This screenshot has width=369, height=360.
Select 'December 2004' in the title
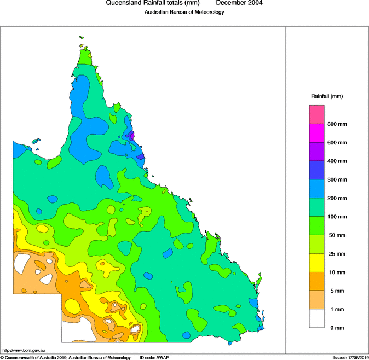point(239,3)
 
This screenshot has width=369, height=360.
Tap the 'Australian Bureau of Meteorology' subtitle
point(184,12)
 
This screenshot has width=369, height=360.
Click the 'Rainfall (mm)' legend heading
point(327,96)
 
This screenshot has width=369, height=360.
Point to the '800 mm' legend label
point(337,124)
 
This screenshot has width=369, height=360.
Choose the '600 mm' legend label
point(337,143)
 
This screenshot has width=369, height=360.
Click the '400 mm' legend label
point(337,161)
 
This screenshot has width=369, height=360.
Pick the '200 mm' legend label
point(337,198)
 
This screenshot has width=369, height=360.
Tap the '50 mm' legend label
point(337,235)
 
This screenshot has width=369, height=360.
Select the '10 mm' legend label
point(337,272)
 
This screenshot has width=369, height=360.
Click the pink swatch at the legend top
point(317,114)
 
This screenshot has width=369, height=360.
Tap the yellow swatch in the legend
point(317,263)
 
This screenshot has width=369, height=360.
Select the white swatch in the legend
point(317,318)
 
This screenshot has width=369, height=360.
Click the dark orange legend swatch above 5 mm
point(317,281)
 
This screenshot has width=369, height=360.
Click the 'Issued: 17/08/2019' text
point(350,357)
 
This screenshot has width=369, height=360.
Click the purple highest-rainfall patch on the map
point(131,136)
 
